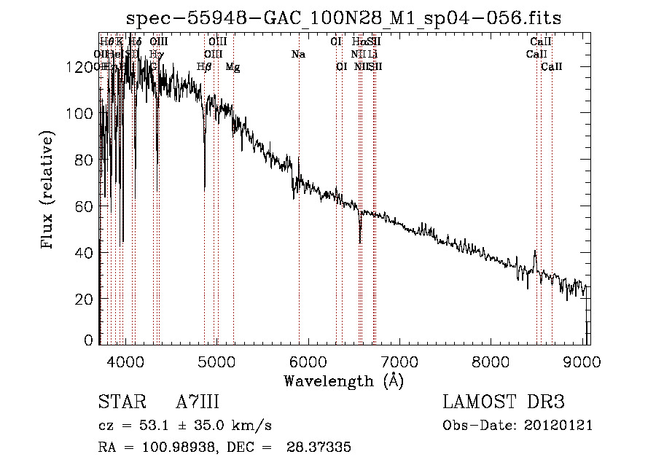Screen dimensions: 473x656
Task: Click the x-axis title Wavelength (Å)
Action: (x=343, y=380)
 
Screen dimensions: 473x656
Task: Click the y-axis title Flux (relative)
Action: (x=49, y=191)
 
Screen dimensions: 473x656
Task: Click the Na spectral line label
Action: (x=297, y=55)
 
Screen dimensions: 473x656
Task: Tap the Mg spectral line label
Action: (x=233, y=67)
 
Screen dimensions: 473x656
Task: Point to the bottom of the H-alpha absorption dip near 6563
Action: (x=360, y=241)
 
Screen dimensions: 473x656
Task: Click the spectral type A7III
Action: (x=198, y=402)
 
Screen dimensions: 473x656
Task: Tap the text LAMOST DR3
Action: (x=504, y=402)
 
